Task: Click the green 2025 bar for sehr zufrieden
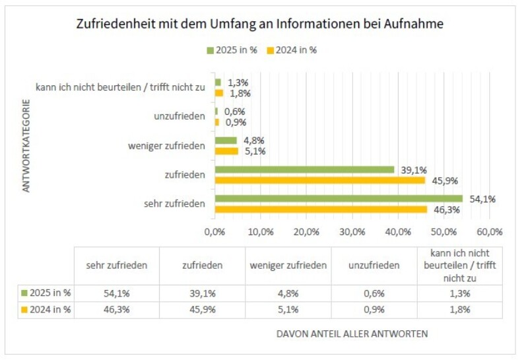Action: pyautogui.click(x=339, y=199)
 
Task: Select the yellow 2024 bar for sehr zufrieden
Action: pyautogui.click(x=321, y=209)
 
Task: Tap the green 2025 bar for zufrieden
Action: pyautogui.click(x=304, y=170)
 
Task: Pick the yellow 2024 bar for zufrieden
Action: pyautogui.click(x=320, y=180)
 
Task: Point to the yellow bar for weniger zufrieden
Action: pyautogui.click(x=226, y=151)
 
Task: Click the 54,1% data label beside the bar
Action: pyautogui.click(x=481, y=199)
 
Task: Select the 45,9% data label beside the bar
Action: pyautogui.click(x=444, y=180)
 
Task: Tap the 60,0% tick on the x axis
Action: pyautogui.click(x=490, y=233)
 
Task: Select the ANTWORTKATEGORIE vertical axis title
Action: pyautogui.click(x=27, y=145)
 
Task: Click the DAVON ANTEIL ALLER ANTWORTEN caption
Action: pyautogui.click(x=352, y=334)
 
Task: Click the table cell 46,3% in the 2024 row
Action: pyautogui.click(x=117, y=309)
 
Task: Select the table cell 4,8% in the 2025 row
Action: pyautogui.click(x=288, y=293)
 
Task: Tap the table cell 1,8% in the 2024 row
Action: pyautogui.click(x=459, y=309)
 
